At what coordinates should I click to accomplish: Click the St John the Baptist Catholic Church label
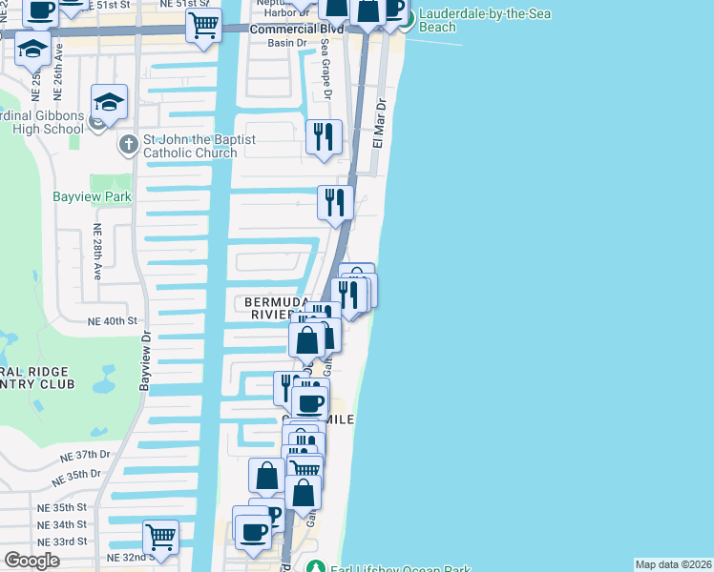coord(199,146)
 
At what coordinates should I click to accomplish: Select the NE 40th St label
coord(113,321)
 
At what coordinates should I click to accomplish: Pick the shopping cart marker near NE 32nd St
coord(160,536)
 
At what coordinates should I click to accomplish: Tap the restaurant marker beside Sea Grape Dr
coord(325,136)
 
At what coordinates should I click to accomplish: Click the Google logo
coord(31,561)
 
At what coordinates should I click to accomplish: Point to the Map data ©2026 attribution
coord(673,564)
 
